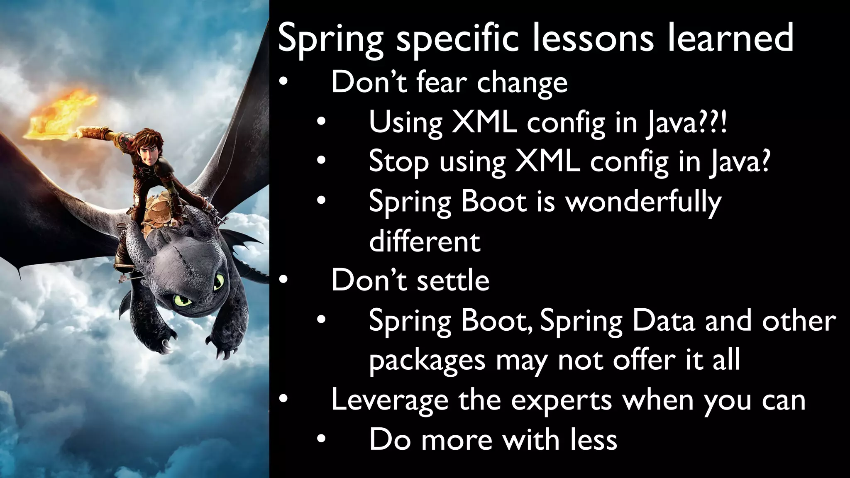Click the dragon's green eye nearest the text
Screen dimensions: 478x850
pyautogui.click(x=218, y=283)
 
